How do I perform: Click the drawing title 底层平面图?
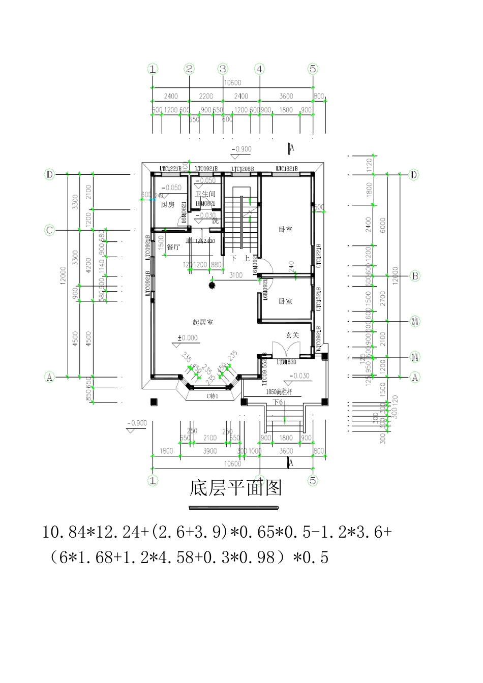[235, 488]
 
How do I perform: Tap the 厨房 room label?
[168, 205]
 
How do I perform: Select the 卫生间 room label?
[205, 194]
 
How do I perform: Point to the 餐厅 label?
[173, 247]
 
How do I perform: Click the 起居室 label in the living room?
[203, 322]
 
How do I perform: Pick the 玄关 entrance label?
[292, 335]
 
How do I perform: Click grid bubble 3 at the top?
[223, 69]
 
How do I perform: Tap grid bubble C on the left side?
[49, 230]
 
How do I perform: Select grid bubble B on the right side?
[415, 276]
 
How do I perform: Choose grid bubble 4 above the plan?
[259, 69]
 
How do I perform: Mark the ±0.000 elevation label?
[187, 338]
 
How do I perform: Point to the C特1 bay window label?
[212, 396]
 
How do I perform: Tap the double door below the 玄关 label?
[282, 351]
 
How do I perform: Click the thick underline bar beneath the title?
[234, 507]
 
